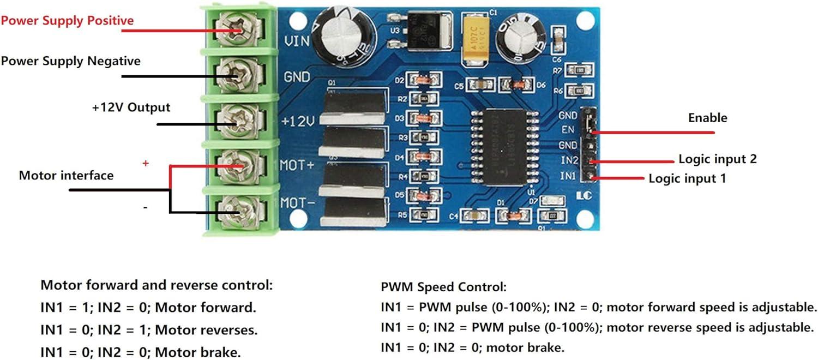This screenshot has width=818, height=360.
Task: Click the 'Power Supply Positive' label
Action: tap(67, 21)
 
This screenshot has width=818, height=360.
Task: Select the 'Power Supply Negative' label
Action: tap(71, 61)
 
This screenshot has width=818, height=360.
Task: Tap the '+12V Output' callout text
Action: tap(131, 107)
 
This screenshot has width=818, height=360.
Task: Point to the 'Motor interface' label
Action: tap(66, 176)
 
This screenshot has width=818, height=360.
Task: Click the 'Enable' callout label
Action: tap(707, 118)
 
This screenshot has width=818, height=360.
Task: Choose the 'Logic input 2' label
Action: tap(717, 159)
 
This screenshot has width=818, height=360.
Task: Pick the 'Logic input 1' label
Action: tap(687, 178)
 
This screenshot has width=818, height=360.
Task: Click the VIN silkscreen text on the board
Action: tap(298, 40)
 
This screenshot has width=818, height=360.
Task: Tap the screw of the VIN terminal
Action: tap(238, 31)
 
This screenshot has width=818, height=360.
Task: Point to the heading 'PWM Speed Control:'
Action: tap(443, 286)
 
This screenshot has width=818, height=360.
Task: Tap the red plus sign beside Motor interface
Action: tap(145, 163)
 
